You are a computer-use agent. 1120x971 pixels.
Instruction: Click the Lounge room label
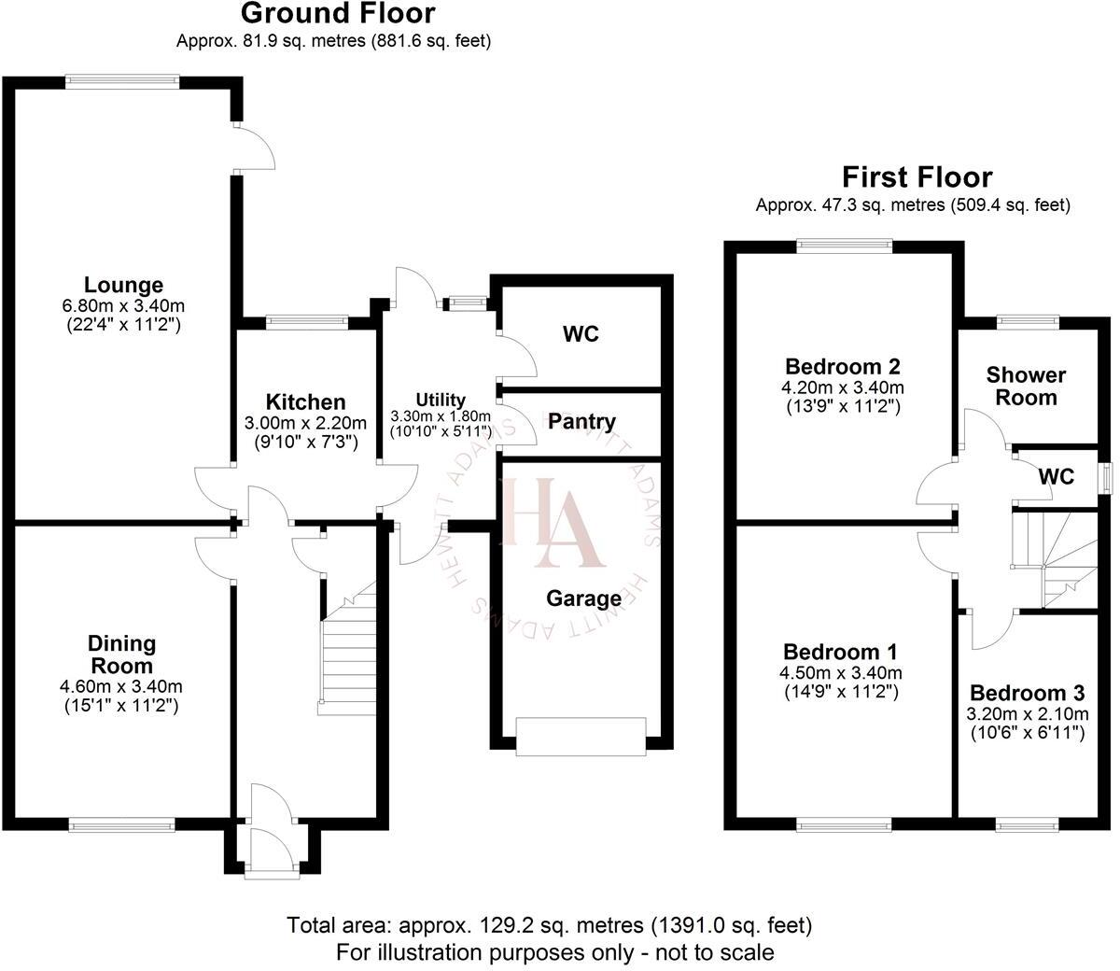123,285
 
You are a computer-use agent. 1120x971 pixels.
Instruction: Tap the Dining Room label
121,654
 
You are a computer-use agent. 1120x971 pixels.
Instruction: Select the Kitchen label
306,402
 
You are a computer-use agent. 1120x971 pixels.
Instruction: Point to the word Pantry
581,422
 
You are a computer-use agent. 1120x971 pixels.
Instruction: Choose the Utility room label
441,401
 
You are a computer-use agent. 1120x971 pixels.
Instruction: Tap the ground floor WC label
581,334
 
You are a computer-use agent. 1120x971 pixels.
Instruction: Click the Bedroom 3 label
1027,694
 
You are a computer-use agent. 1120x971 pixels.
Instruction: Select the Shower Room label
1027,386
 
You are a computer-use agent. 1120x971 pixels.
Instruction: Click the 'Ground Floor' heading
337,14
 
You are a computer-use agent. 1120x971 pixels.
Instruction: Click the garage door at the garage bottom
581,735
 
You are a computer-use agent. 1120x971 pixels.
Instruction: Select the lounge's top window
122,81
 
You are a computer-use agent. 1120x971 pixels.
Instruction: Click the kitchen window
307,322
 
